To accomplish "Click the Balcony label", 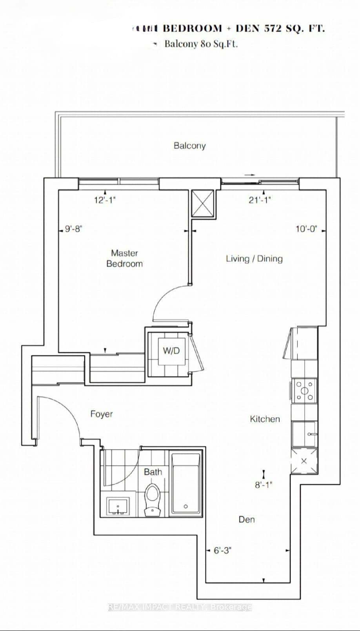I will pos(189,146).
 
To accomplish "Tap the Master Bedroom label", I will pos(124,258).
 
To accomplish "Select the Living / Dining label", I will pos(254,259).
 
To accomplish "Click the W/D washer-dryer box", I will pos(171,351).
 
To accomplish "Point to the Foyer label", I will pos(102,414).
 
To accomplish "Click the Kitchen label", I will pos(265,419).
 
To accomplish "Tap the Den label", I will pos(247,520).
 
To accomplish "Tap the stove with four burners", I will pos(304,390).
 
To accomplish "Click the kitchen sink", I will pos(304,434).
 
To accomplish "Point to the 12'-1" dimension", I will pos(105,200).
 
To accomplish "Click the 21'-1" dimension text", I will pos(260,200).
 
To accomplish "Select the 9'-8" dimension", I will pos(74,229).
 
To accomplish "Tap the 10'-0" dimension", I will pos(306,229).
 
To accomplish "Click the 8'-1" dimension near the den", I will pos(264,485).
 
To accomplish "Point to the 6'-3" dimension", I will pos(222,551).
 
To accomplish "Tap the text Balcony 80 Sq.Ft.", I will pos(201,44).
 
